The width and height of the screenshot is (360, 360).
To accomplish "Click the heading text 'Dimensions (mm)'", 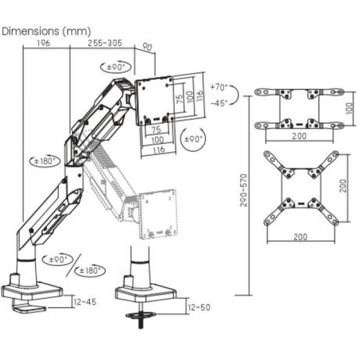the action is coord(46,32).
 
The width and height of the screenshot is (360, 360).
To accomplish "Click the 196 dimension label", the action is coord(43,43).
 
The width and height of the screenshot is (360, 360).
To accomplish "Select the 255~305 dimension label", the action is coord(105,43).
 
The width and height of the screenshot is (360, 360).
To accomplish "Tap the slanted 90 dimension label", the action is coord(147,47).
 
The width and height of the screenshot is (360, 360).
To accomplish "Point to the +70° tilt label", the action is coord(218,87).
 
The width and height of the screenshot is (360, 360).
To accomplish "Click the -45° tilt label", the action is coord(219,103).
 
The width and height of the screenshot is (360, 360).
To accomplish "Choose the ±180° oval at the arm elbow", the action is coord(45,161).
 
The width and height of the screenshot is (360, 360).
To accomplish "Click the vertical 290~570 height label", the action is coord(243,190).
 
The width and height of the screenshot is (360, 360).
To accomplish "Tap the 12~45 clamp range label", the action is coord(85,302).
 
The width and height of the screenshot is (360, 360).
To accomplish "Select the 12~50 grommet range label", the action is coord(199,307).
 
